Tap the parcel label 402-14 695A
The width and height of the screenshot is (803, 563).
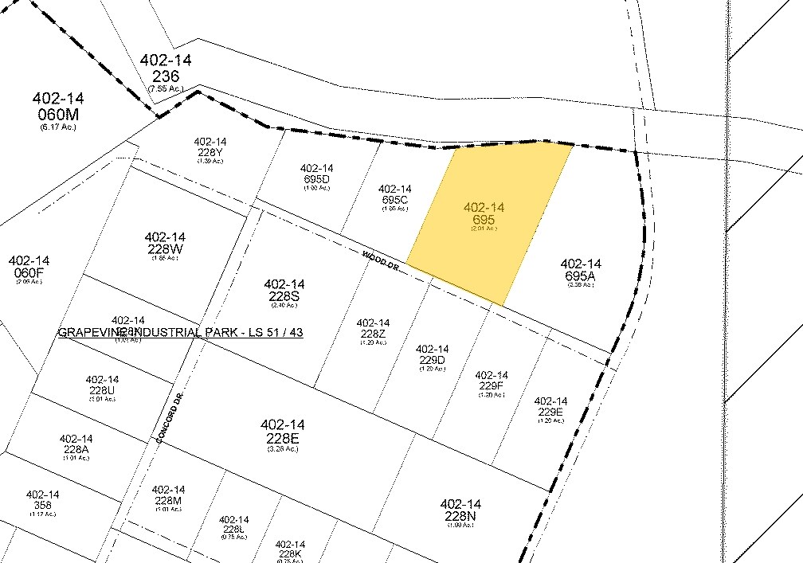pyautogui.click(x=581, y=272)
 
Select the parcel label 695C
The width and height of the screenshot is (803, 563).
pyautogui.click(x=394, y=195)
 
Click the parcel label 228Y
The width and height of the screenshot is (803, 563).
pyautogui.click(x=210, y=148)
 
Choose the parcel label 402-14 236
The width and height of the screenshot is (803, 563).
pyautogui.click(x=166, y=70)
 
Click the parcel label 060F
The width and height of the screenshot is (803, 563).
pyautogui.click(x=29, y=268)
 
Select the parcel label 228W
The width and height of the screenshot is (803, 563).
pyautogui.click(x=165, y=244)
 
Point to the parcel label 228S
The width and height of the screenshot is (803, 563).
pyautogui.click(x=284, y=291)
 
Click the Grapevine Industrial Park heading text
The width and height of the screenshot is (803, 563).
pyautogui.click(x=180, y=332)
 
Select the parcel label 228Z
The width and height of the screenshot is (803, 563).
pyautogui.click(x=373, y=329)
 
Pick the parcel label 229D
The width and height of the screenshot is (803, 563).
pyautogui.click(x=433, y=355)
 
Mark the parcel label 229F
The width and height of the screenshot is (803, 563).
pyautogui.click(x=491, y=381)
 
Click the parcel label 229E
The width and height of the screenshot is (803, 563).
pyautogui.click(x=550, y=407)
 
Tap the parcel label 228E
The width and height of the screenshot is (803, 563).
pyautogui.click(x=281, y=432)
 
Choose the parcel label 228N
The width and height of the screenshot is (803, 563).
pyautogui.click(x=460, y=510)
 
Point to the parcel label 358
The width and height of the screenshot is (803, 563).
pyautogui.click(x=43, y=500)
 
